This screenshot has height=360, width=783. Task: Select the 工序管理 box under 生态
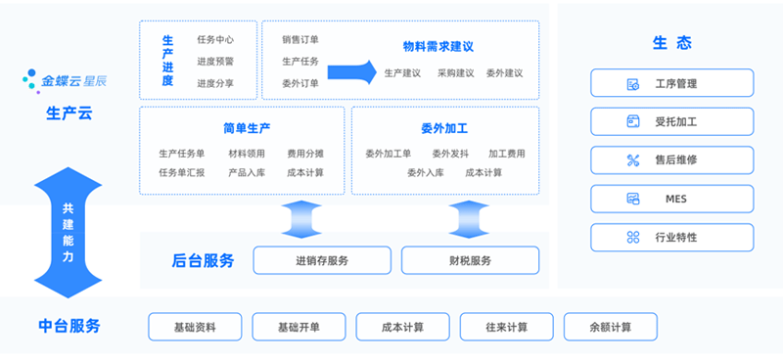[x=671, y=83]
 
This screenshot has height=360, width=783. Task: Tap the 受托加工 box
[x=671, y=121]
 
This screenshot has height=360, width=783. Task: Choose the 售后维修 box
[x=671, y=160]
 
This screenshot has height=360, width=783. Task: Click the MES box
[x=671, y=199]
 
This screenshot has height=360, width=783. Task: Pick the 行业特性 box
[x=671, y=237]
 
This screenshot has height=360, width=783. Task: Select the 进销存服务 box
[x=321, y=260]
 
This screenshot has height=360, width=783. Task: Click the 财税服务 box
[x=470, y=260]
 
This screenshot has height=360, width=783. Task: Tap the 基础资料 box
[x=194, y=327]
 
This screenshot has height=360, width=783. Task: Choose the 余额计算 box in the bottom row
[x=610, y=327]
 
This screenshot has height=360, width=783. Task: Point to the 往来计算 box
[x=506, y=327]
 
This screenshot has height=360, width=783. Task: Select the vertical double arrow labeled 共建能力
[x=68, y=233]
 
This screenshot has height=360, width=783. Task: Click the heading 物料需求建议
[x=438, y=46]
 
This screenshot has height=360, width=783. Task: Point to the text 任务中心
[x=215, y=40]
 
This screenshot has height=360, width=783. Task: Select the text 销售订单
[x=300, y=40]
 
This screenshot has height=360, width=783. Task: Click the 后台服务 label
[x=203, y=260]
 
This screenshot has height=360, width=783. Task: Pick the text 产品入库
[x=247, y=173]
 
